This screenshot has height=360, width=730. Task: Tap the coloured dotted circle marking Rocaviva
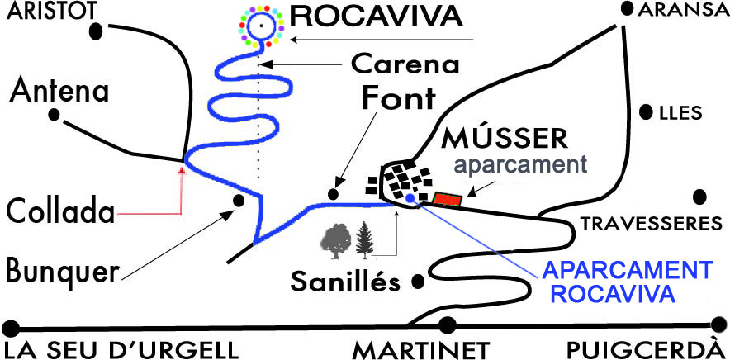click(x=261, y=27)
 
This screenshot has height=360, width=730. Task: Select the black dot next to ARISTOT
click(x=97, y=29)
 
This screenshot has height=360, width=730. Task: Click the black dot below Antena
click(x=55, y=116)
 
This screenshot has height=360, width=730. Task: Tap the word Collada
click(x=59, y=212)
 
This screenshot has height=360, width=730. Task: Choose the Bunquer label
click(x=61, y=269)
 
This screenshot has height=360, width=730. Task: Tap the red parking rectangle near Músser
click(x=447, y=198)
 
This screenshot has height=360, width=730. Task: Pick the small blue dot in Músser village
click(x=410, y=198)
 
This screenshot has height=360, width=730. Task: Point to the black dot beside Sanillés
click(x=419, y=280)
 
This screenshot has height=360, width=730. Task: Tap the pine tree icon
click(x=364, y=240)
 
